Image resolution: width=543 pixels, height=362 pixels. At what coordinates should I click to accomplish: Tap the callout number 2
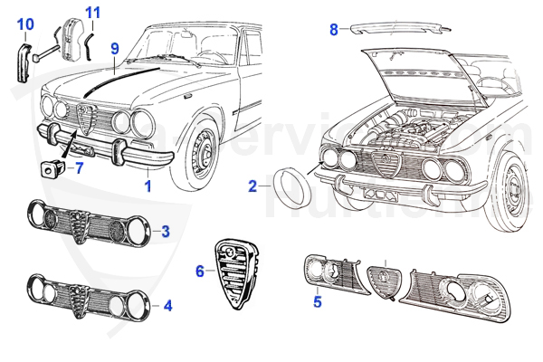click(x=252, y=187)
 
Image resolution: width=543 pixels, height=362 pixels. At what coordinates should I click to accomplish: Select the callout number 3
click(x=165, y=231)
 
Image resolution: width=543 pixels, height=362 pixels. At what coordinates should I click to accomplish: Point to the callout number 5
click(x=317, y=302)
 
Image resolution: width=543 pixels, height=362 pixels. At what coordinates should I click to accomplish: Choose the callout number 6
click(x=200, y=270)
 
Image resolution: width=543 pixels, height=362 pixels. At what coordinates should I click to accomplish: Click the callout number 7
click(x=78, y=167)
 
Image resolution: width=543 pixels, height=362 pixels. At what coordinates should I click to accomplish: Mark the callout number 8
click(x=334, y=30)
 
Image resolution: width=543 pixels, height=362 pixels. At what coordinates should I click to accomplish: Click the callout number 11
click(x=93, y=12)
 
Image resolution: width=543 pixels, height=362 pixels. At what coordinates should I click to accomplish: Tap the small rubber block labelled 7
click(x=51, y=167)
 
